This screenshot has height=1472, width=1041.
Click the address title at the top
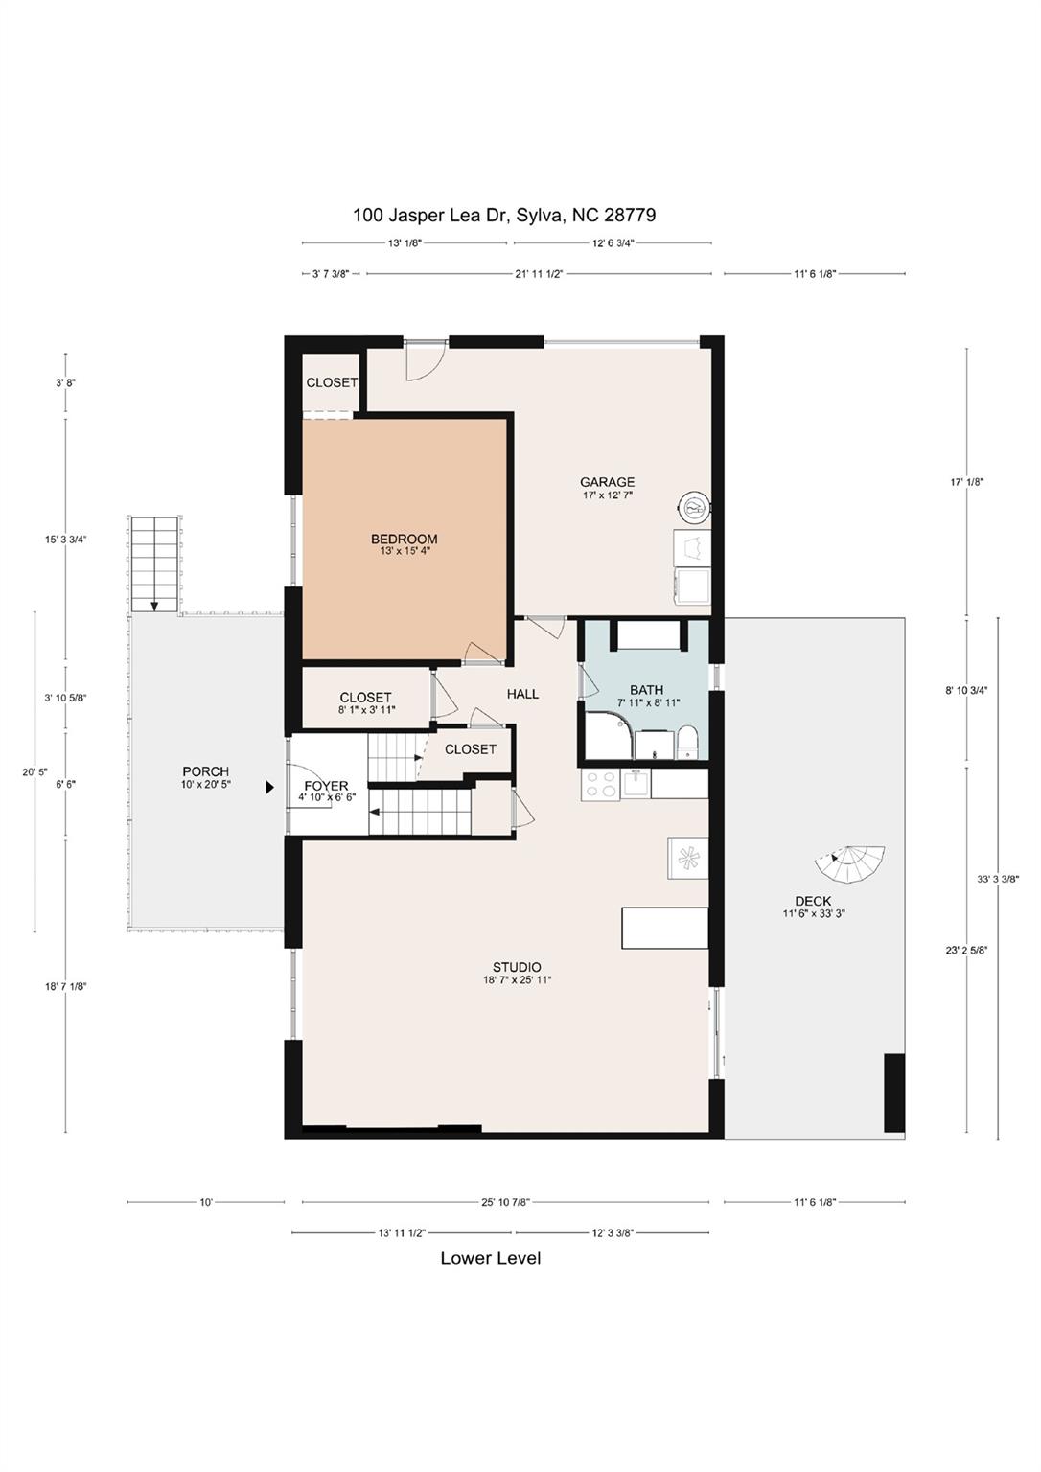(504, 215)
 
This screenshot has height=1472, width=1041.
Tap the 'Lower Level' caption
(490, 1258)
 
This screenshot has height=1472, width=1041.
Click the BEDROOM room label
(404, 540)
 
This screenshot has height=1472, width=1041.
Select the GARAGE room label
(607, 483)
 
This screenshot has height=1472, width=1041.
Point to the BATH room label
(647, 690)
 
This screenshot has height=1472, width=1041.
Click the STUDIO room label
(517, 968)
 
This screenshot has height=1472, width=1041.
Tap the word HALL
(522, 694)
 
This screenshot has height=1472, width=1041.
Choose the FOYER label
(326, 786)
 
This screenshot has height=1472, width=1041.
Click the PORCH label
(205, 771)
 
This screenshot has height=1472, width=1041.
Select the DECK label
(813, 901)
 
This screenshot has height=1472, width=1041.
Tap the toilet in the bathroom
(686, 744)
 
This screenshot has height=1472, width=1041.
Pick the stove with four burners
(601, 784)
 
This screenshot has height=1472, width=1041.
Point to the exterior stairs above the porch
(153, 563)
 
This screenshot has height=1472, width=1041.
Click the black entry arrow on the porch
(268, 787)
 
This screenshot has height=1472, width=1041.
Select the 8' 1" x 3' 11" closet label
(366, 710)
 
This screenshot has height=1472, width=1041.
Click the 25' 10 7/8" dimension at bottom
(505, 1202)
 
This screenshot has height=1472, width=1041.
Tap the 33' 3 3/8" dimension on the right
(998, 879)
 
